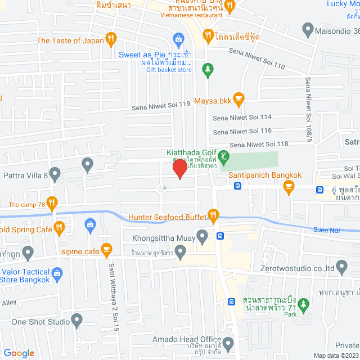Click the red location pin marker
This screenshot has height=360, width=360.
pos(179,169)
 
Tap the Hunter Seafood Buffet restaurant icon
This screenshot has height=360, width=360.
pos(213,215)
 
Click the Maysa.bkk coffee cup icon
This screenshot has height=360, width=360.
pos(238,98)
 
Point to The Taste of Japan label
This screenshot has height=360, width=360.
pos(70,40)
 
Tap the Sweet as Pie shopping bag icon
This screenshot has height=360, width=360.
pos(178,39)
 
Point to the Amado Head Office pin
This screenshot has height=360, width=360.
pos(228,343)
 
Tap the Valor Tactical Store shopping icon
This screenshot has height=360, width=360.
pos(56,274)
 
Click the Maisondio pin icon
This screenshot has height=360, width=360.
pos(307,28)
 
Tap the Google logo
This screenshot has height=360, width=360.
pos(19,353)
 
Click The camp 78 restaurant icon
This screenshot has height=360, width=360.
pos(52,202)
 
